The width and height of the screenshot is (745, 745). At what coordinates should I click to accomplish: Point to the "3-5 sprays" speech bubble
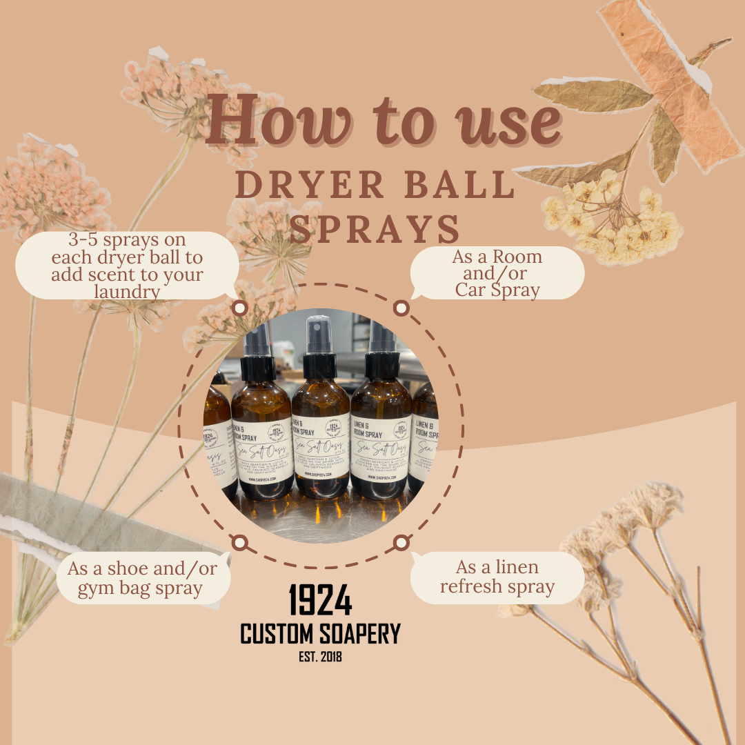pos(128,266)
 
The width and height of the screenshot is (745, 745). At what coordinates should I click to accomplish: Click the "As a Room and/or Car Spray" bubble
pos(497,273)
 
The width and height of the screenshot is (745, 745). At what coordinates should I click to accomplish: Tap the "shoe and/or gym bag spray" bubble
pos(135,579)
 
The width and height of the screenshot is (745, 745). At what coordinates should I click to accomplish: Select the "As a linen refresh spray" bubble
pos(497,577)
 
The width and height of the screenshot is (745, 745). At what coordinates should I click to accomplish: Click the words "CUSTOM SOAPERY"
pos(320,633)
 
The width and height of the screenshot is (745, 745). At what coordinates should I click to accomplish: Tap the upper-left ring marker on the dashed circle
pos(239,308)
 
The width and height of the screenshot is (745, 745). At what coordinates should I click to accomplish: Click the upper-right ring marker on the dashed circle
pos(399,308)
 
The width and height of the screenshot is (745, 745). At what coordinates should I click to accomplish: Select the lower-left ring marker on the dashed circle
pos(239,543)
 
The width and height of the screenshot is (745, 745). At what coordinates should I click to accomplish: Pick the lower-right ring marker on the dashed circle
pos(401,543)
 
